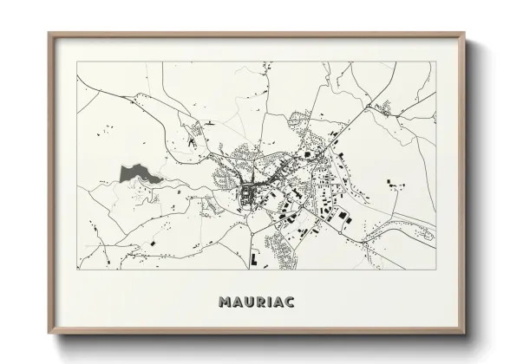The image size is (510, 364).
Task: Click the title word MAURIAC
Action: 256,302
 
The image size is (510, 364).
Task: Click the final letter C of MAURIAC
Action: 291,302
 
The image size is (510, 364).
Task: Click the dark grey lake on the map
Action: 133,173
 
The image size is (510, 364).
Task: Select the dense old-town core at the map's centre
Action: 252,196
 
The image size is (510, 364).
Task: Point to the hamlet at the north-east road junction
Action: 382,109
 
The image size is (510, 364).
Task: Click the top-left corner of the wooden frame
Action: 49,34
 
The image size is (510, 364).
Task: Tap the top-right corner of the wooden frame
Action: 465,34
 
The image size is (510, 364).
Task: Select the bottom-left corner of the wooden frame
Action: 49,335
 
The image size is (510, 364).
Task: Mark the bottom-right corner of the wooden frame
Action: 465,335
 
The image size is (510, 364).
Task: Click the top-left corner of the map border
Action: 77,62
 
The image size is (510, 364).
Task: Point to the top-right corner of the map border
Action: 435,62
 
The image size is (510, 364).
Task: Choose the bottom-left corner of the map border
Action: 77,270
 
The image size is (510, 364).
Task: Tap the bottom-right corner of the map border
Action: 435,270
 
